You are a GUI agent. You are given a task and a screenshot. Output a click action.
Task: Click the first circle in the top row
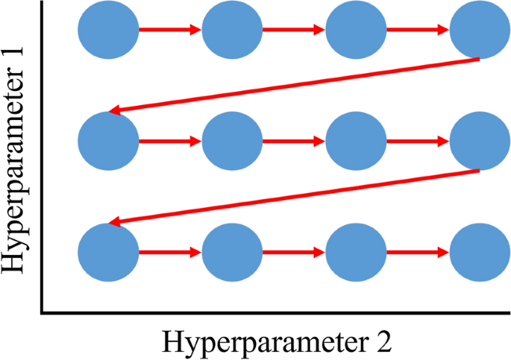tap(108, 30)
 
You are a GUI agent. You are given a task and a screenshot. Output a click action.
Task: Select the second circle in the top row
tap(232, 30)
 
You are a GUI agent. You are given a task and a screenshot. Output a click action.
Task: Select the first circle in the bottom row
tap(108, 251)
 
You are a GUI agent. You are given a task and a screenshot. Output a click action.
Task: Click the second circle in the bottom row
tap(232, 251)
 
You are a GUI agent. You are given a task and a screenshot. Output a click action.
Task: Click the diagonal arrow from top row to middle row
tap(294, 85)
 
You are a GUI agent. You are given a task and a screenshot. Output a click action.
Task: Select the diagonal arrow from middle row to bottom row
tap(294, 196)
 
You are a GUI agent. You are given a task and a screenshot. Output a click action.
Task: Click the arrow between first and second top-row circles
tap(170, 30)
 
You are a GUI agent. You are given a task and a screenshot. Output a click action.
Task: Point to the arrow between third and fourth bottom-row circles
tap(418, 251)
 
